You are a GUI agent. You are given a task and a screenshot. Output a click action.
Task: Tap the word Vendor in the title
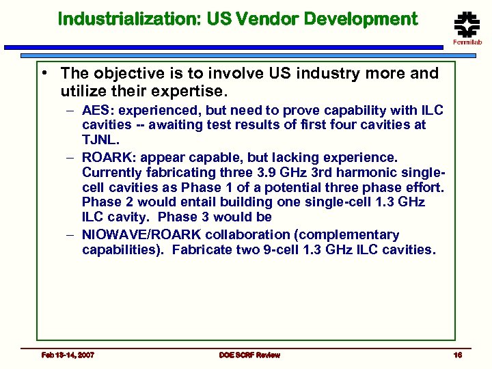269,19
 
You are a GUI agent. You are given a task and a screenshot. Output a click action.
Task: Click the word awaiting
166,125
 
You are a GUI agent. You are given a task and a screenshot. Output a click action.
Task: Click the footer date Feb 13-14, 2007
68,355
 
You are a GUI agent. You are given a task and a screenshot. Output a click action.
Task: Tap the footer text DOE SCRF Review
249,355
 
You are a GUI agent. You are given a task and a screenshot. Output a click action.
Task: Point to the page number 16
458,355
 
